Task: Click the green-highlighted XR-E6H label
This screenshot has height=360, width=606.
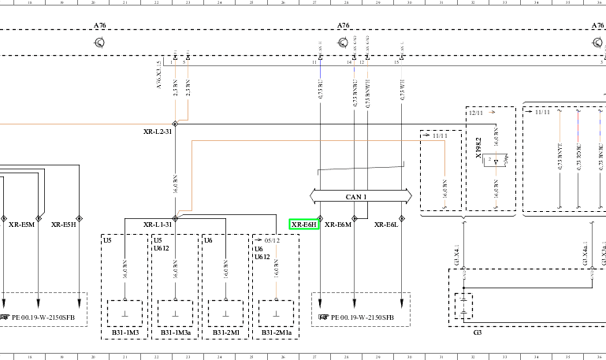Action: click(303, 225)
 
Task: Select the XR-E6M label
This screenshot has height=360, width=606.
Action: click(337, 225)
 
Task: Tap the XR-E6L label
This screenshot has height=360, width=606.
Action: click(386, 225)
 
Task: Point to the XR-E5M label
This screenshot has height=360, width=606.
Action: click(22, 225)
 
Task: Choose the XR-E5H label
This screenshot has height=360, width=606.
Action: click(64, 225)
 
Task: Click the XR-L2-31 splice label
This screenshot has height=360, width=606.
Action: click(158, 132)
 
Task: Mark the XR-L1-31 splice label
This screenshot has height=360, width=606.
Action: click(158, 225)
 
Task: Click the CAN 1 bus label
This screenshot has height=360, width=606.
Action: click(357, 196)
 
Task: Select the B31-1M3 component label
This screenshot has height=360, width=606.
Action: click(125, 333)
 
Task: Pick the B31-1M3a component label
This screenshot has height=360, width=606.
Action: click(176, 333)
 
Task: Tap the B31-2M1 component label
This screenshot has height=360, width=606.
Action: click(225, 333)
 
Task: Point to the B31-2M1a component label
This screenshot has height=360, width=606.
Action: click(275, 333)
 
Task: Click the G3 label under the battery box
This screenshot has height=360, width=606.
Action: click(477, 332)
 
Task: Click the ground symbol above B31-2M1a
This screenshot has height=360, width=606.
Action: click(275, 313)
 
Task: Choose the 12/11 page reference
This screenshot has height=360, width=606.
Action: click(476, 113)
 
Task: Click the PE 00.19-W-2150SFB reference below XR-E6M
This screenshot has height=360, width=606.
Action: click(361, 317)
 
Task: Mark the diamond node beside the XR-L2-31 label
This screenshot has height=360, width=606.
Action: click(175, 124)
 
